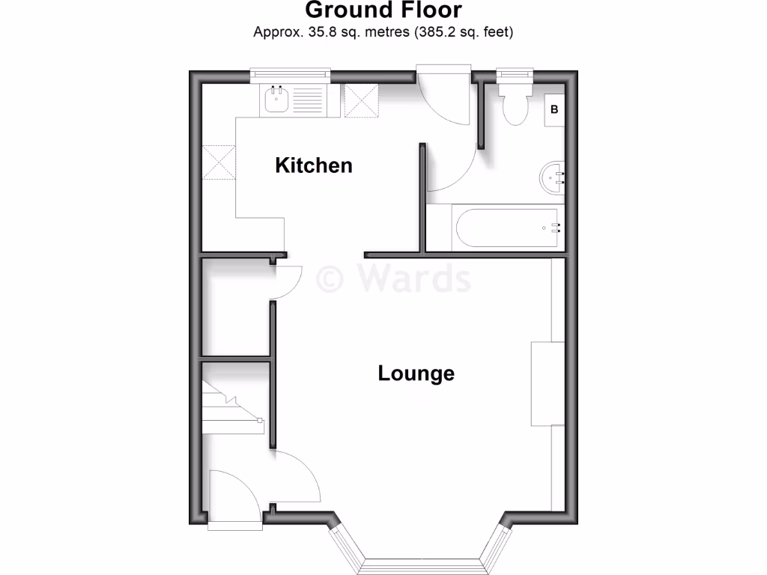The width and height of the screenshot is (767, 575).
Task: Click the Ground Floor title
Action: point(383,10)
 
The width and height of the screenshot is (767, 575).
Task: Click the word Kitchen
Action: point(314,165)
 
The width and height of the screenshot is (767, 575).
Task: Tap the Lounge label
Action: point(416,373)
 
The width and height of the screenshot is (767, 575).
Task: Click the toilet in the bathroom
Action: point(515,106)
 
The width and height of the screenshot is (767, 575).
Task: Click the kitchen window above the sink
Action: point(291,74)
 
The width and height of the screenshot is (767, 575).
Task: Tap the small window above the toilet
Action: point(515,74)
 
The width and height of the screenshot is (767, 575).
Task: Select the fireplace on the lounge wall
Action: point(547,383)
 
